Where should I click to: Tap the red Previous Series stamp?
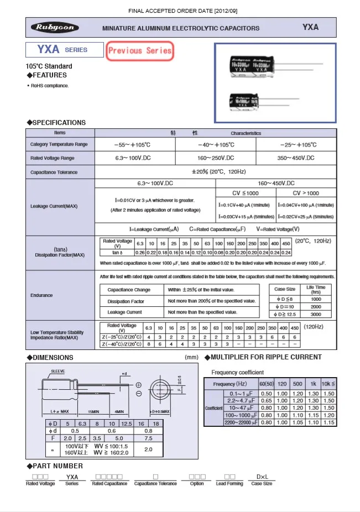point(140,50)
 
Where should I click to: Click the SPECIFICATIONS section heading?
point(56,123)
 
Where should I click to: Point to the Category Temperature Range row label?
point(59,144)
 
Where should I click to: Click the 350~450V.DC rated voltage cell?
point(296,158)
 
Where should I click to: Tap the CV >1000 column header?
point(306,193)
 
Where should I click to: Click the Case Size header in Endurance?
point(285,289)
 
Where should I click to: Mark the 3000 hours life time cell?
point(316,315)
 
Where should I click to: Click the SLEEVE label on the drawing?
point(58,370)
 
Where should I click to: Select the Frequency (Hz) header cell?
point(231,384)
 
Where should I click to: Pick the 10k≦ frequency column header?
point(328,384)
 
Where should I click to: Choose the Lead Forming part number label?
point(229,484)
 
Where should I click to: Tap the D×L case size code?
point(262,477)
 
